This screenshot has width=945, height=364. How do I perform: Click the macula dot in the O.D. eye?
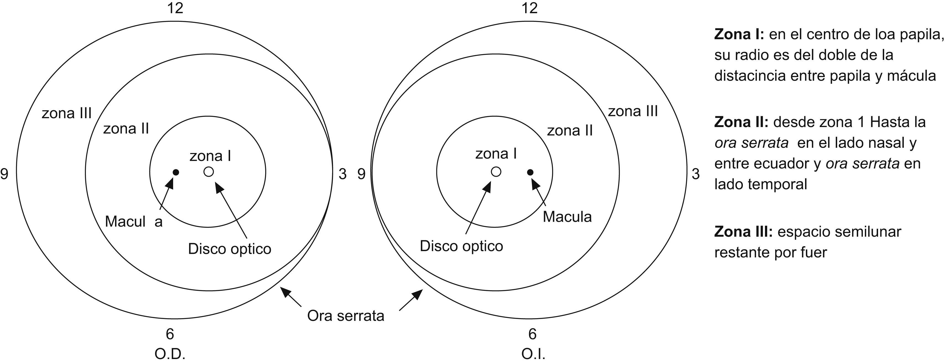coord(176,172)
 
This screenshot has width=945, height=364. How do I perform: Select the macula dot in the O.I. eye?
coord(530,172)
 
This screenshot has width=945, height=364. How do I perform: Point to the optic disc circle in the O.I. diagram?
coord(496,172)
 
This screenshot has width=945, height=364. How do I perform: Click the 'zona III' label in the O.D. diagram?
coord(66,114)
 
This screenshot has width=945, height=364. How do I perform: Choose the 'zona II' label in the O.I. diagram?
coord(570,131)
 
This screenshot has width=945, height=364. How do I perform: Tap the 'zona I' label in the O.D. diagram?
coord(210,156)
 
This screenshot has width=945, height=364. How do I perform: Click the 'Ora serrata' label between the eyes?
coord(346,316)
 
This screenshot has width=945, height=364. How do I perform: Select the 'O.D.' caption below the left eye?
coord(170,354)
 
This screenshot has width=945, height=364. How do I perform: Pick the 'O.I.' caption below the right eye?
coord(533,354)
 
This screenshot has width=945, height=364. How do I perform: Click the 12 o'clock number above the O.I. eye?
coord(529,8)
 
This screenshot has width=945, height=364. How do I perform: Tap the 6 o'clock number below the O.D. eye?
coord(170,334)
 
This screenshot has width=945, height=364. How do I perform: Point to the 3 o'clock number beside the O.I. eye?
coord(696,174)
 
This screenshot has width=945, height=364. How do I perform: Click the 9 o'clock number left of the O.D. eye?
coord(4,174)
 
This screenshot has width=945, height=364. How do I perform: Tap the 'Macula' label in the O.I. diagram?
coord(567,217)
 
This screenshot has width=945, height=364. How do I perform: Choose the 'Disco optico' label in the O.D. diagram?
coord(230,249)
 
